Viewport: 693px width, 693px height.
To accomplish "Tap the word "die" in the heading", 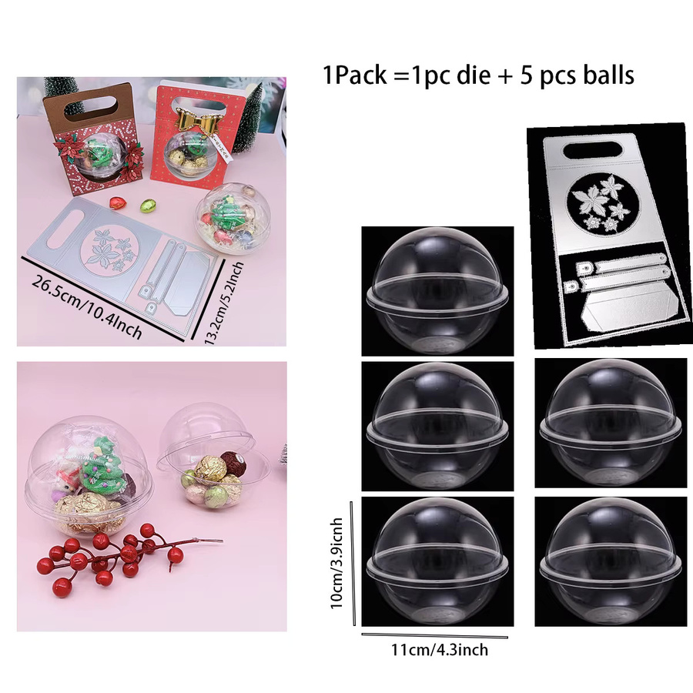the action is [x=474, y=75].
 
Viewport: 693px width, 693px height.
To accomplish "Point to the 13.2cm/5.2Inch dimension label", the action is [x=223, y=303].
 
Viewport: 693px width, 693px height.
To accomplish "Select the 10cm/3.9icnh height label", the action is [x=336, y=563].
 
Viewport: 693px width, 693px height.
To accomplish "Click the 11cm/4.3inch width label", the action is [x=440, y=650].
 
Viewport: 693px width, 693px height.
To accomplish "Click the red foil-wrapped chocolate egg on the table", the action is [x=119, y=203].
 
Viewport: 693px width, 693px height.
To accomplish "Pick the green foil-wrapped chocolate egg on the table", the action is [x=148, y=206].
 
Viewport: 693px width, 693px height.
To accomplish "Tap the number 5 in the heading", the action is [x=526, y=75].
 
